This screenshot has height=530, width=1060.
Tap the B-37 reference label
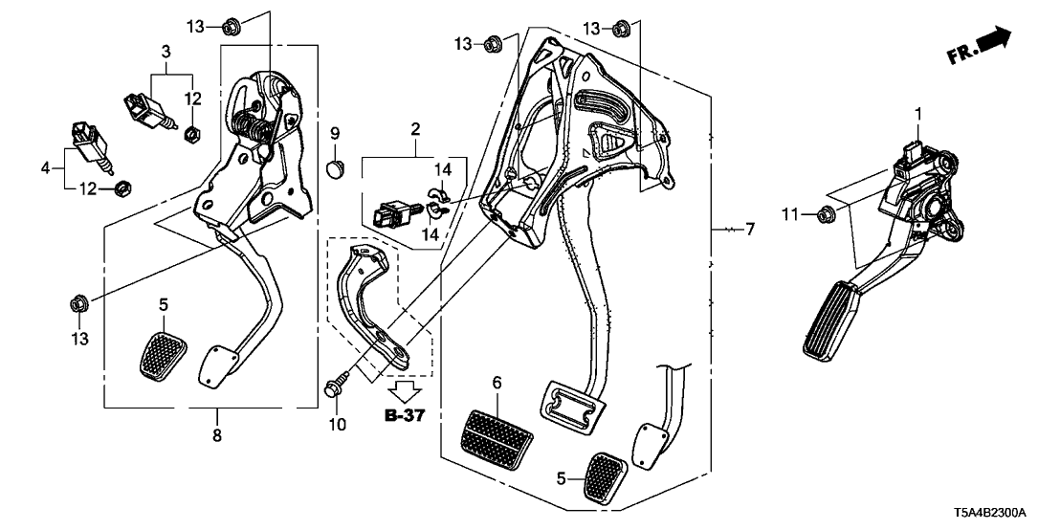tap(404, 416)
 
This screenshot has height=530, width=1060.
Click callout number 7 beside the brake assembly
tap(750, 230)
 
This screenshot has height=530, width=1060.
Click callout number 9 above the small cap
tap(336, 130)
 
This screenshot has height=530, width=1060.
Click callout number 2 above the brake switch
tap(416, 128)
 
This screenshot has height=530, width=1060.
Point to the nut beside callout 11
tap(826, 214)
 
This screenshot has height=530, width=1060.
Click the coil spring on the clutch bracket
tap(252, 124)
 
